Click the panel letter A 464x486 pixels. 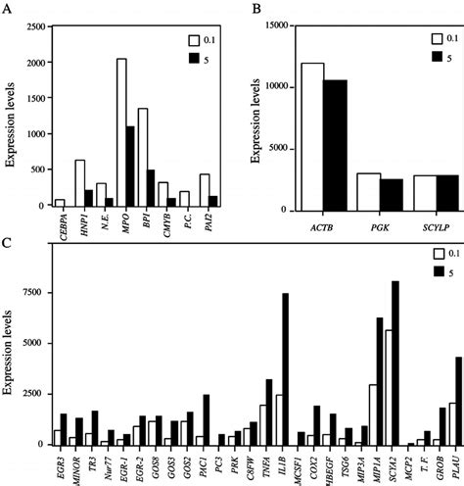tap(7, 9)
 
